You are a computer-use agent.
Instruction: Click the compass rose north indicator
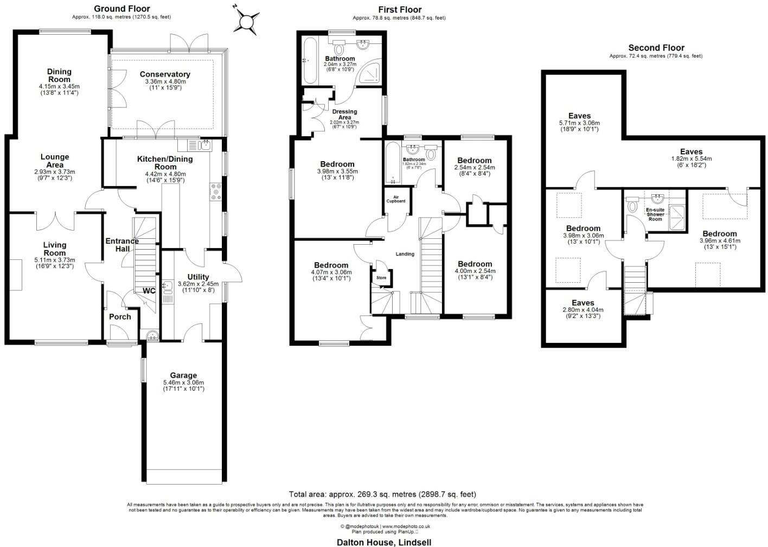(247, 21)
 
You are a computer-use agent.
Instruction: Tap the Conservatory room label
(165, 74)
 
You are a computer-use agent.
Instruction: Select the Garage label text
(183, 375)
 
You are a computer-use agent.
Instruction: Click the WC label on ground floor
(149, 291)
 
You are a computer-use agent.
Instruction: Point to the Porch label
(120, 316)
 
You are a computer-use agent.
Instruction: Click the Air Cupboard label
(395, 199)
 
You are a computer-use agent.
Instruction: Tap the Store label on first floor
(381, 278)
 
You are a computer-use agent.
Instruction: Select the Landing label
(405, 254)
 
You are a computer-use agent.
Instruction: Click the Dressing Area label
(344, 115)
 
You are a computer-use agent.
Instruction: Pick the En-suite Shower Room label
(655, 214)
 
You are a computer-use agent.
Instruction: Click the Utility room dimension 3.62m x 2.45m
(198, 284)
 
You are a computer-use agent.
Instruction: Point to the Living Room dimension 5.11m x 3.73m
(55, 260)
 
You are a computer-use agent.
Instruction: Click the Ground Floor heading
(121, 9)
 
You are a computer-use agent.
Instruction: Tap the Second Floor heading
(656, 48)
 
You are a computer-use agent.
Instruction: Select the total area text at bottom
(382, 494)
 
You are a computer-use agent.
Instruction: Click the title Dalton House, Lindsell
(383, 542)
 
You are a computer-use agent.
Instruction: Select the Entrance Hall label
(122, 245)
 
